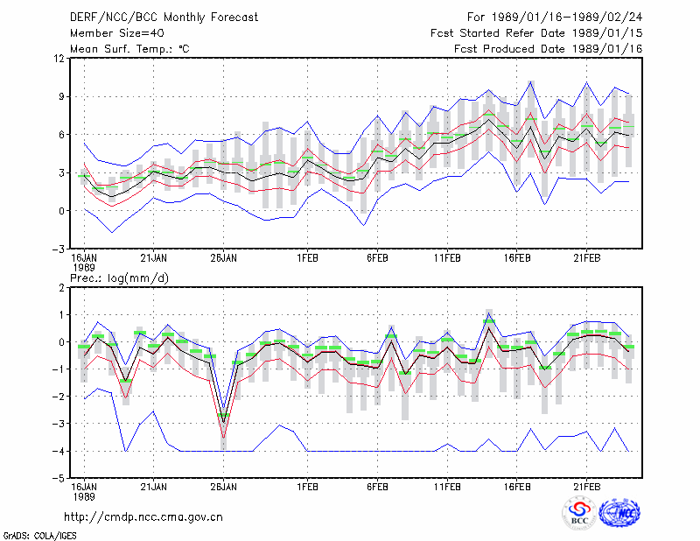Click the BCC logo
coord(579,514)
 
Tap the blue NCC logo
coord(619,513)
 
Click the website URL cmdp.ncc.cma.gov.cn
coord(143,517)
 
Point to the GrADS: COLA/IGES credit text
coord(39,536)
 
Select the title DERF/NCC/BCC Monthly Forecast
coord(164,18)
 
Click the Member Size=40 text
coord(117,33)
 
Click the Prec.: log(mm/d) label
coord(119,278)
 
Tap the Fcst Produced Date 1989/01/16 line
coord(549,49)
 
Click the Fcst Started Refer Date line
coord(536,33)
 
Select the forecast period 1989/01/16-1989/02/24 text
coord(555,18)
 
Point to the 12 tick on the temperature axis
coord(59,59)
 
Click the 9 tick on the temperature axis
coord(61,96)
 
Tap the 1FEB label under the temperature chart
coord(307,258)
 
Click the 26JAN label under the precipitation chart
coord(224,487)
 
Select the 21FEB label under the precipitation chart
coord(586,487)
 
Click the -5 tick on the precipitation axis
coord(59,479)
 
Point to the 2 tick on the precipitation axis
coord(61,288)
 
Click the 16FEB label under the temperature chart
coord(517,258)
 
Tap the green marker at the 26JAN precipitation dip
coord(224,415)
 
